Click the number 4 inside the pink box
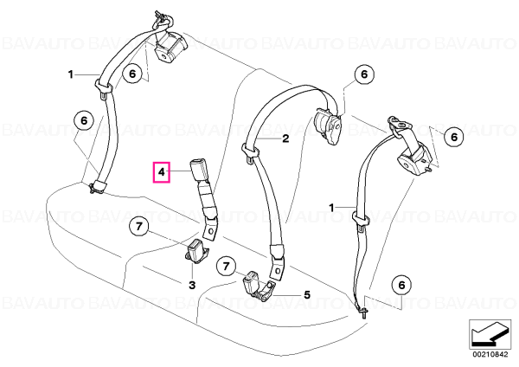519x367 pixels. [161, 172]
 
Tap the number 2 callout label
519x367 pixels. [285, 138]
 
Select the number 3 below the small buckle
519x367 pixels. [192, 285]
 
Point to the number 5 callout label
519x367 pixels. [307, 294]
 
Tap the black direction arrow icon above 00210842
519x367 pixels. [490, 335]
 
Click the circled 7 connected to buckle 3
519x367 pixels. [139, 227]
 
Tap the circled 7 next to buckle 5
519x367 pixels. [226, 267]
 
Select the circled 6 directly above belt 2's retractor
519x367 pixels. [364, 74]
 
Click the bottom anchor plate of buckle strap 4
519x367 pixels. [211, 229]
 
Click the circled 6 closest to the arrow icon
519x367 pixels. [402, 285]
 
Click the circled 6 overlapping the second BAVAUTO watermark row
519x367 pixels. [454, 137]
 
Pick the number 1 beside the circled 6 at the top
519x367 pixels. [71, 74]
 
